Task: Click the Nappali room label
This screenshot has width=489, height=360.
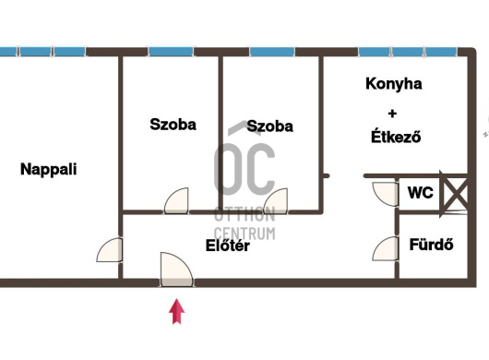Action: click(x=48, y=170)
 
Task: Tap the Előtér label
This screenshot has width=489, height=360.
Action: click(x=228, y=246)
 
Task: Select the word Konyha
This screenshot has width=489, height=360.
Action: click(x=394, y=84)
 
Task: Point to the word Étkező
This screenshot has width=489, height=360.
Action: click(x=396, y=137)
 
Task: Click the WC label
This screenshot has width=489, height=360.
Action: click(x=421, y=193)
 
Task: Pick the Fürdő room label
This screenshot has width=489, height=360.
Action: click(x=431, y=245)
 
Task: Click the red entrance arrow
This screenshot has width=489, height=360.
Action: click(x=177, y=311)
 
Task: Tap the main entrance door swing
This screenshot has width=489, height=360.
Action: click(x=176, y=270)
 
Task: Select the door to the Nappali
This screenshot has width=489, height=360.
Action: click(x=109, y=250)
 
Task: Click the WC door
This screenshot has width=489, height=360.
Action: click(x=386, y=195)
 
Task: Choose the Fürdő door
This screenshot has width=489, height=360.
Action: click(x=386, y=248)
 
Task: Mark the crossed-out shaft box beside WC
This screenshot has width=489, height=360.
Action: click(x=455, y=194)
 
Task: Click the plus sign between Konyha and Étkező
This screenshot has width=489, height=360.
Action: click(x=393, y=114)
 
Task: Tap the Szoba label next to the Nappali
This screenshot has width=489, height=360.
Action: click(x=173, y=125)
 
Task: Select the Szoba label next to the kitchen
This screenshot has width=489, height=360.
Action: click(x=269, y=126)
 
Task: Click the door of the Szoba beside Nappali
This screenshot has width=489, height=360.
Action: click(x=176, y=201)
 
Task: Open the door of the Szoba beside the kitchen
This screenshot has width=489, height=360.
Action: click(x=276, y=201)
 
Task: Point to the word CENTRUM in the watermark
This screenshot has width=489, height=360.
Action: click(x=244, y=234)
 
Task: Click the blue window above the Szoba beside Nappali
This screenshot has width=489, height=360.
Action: click(x=171, y=52)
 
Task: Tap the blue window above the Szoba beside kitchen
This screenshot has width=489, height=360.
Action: click(x=272, y=52)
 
